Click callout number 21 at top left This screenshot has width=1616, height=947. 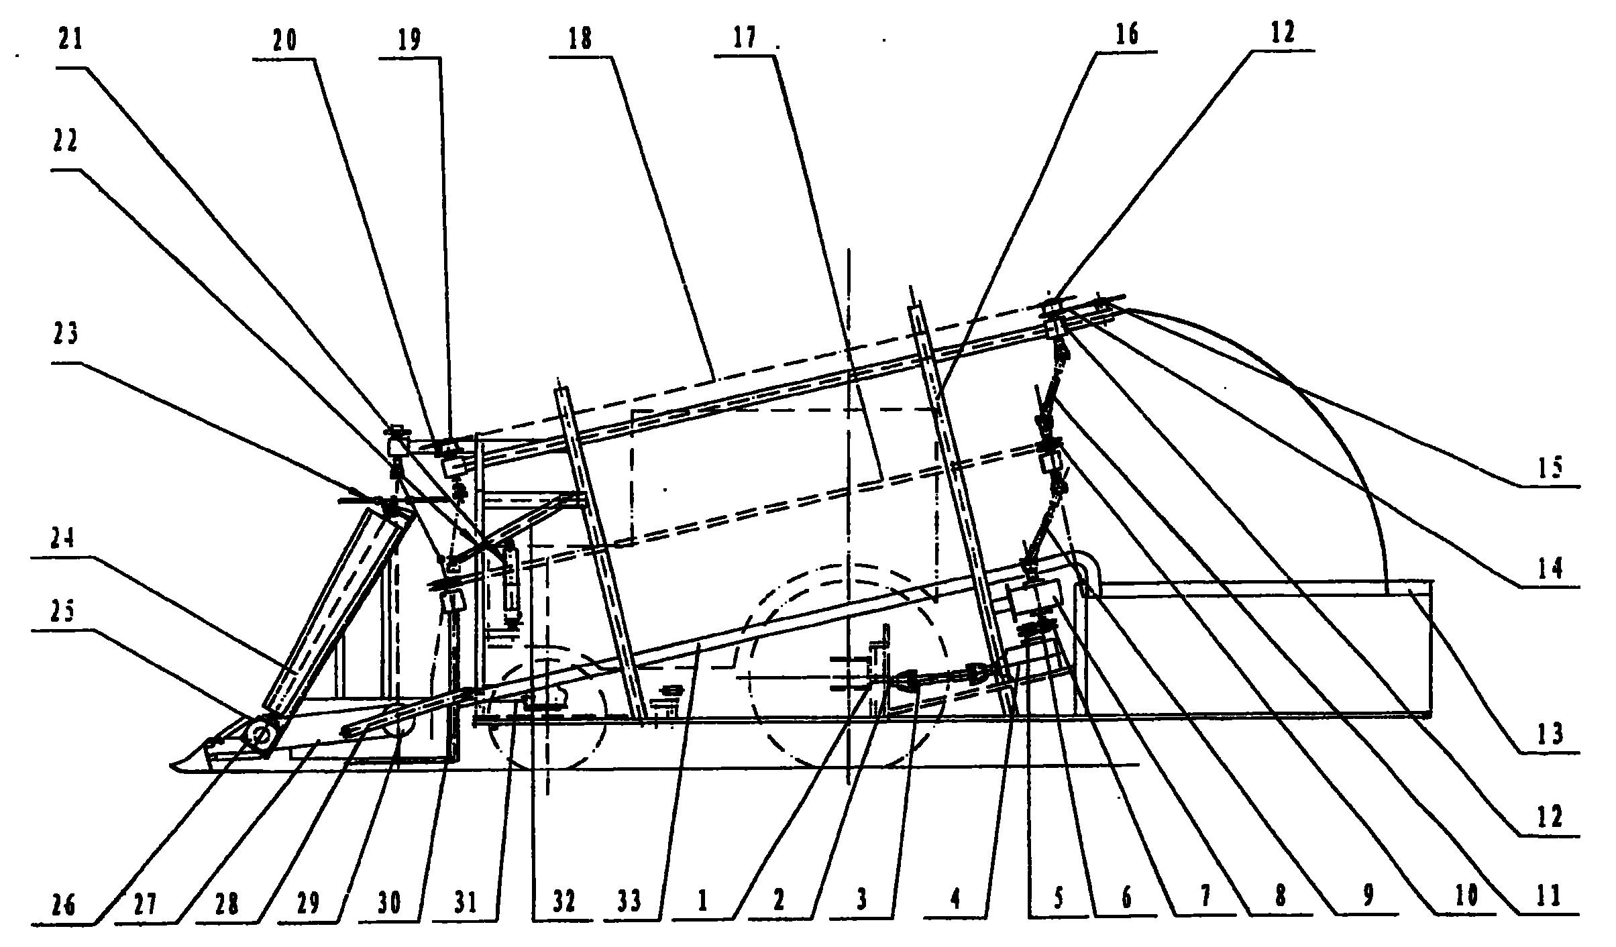point(70,40)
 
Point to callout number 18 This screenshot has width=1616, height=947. point(580,40)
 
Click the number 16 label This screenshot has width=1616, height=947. point(1126,34)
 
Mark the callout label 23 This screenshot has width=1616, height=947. point(65,333)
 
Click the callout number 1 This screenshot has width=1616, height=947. point(702,900)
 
